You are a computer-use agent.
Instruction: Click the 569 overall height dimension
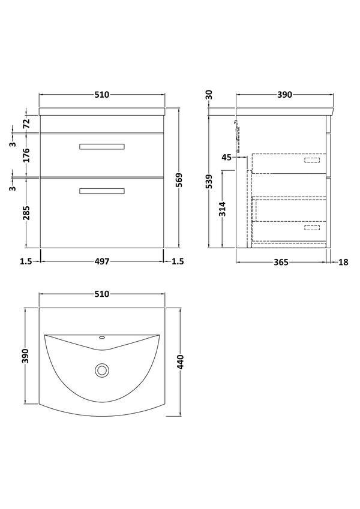[x=179, y=180]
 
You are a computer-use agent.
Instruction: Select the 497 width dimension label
[x=102, y=261]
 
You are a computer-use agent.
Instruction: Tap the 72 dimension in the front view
[x=26, y=123]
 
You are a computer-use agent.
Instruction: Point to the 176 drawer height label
[x=26, y=155]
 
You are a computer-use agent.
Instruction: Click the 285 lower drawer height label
[x=26, y=213]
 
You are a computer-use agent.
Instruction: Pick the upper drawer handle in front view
[x=102, y=147]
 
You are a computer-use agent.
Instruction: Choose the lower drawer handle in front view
[x=102, y=191]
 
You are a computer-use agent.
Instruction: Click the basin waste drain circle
[x=102, y=370]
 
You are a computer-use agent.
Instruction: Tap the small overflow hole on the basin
[x=102, y=338]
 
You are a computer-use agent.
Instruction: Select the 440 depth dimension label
[x=181, y=362]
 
